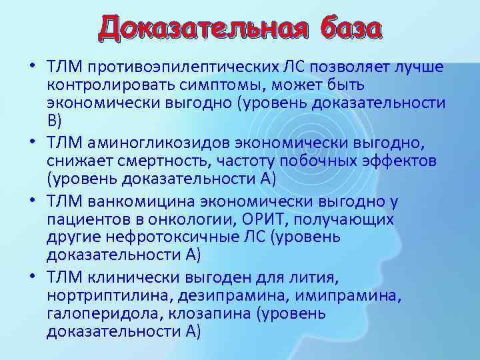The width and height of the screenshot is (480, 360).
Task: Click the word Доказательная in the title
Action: (201, 29)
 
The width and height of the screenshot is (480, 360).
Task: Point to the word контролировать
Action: (104, 86)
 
